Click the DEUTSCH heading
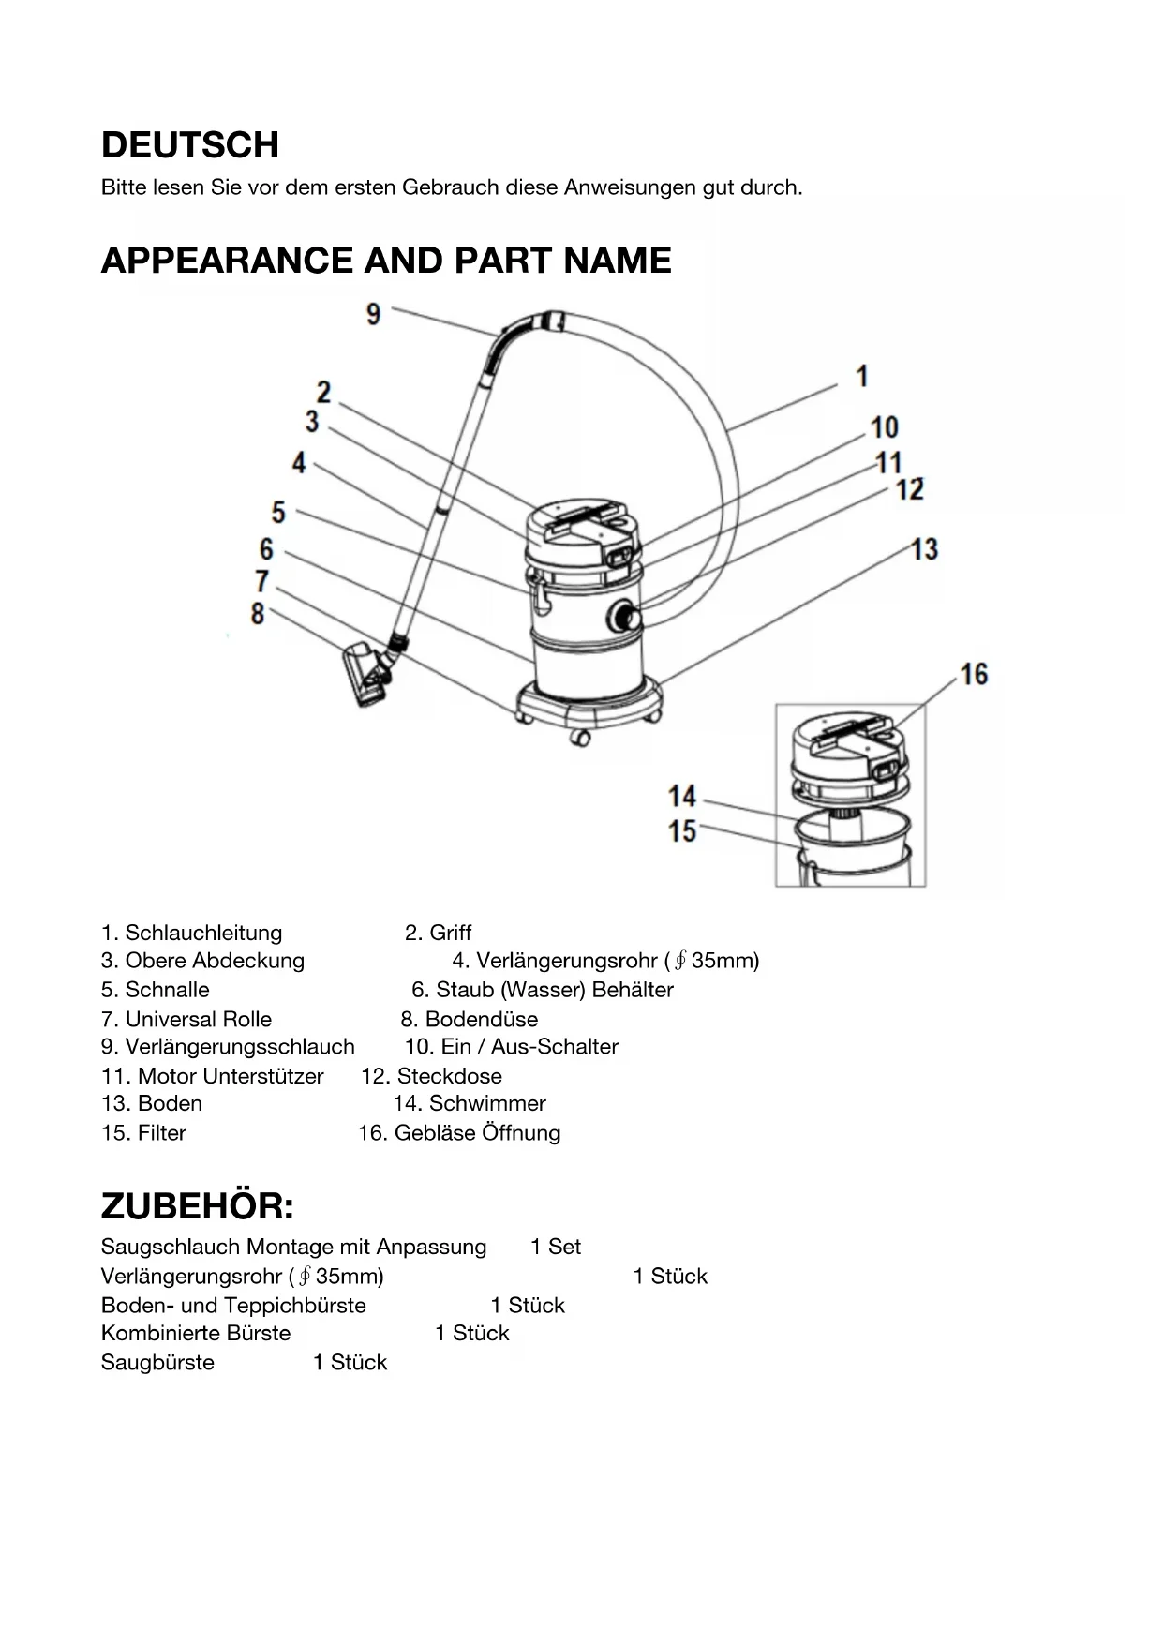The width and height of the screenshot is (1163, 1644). point(190,145)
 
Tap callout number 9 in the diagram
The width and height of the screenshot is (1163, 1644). point(373,314)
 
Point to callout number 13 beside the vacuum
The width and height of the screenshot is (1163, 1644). point(924,549)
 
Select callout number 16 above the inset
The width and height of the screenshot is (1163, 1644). point(974,674)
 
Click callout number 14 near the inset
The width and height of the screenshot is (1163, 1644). point(682,797)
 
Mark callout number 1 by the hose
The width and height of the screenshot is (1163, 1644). point(862,377)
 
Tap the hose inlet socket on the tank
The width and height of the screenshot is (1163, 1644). point(623,617)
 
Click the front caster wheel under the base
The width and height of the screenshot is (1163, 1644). point(580,739)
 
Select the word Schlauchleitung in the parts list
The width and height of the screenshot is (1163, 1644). point(203,933)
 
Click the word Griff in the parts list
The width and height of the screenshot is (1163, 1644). point(451,933)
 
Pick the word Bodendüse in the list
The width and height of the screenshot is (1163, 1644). point(482,1019)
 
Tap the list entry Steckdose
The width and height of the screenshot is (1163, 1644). point(449,1076)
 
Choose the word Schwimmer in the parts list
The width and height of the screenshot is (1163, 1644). point(487,1103)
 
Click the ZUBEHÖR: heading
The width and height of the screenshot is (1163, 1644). point(197,1206)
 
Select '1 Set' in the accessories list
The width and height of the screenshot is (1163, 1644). point(555,1247)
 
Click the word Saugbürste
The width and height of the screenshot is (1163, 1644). point(157,1362)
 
